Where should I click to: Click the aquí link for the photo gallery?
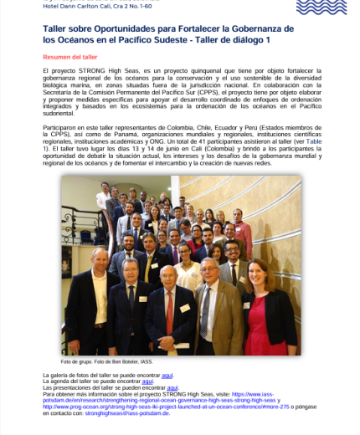coord(167,376)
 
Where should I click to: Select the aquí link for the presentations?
coord(172,387)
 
